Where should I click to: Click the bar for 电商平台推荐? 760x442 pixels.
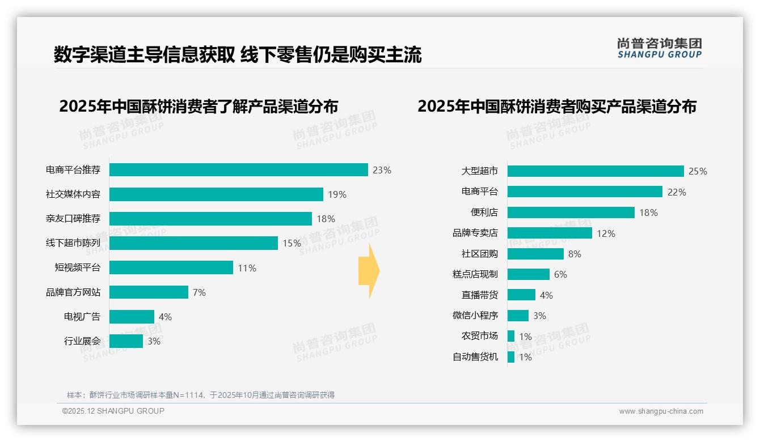click(x=238, y=170)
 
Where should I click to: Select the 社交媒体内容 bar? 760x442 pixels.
click(x=216, y=194)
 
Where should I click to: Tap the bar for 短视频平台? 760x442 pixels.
click(x=171, y=267)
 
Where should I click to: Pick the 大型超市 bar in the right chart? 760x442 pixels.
click(x=596, y=171)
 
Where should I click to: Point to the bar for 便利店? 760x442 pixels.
click(x=571, y=212)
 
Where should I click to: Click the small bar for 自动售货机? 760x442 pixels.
click(x=511, y=357)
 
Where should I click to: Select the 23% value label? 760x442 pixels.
click(x=382, y=170)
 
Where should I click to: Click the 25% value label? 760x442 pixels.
click(x=698, y=171)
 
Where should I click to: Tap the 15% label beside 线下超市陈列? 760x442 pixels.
click(x=292, y=243)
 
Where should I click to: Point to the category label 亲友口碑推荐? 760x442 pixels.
click(x=73, y=219)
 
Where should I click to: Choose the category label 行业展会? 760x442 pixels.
click(x=82, y=341)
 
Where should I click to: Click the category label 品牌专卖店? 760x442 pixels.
click(x=475, y=233)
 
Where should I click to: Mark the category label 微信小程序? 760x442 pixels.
click(x=475, y=316)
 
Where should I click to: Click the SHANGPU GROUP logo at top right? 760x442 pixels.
click(x=660, y=48)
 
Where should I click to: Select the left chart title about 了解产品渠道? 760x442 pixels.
click(x=199, y=107)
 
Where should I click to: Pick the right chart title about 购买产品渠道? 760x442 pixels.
click(x=557, y=107)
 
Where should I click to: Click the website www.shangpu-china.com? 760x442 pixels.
click(x=661, y=411)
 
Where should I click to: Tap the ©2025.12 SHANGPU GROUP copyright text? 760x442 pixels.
click(x=113, y=411)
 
